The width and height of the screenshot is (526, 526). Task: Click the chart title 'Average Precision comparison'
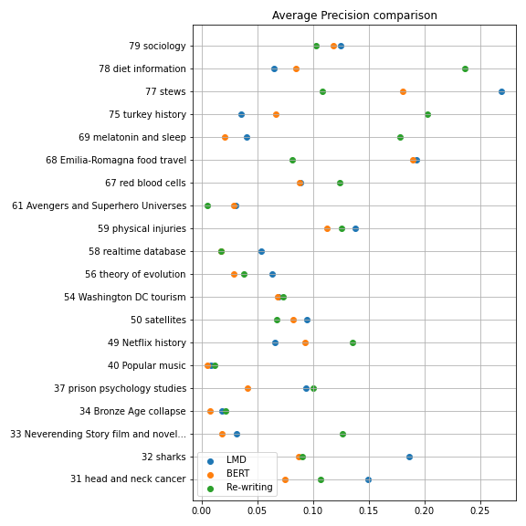coord(354,16)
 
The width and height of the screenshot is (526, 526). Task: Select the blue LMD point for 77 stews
coord(501,91)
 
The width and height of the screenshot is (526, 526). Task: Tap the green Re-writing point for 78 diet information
coord(465,68)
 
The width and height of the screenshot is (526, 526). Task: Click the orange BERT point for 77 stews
coord(403,91)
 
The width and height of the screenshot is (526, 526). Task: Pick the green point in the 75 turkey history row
coord(427,114)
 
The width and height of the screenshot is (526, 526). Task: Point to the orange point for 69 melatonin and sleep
coord(225,137)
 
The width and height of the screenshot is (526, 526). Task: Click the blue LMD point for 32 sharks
coord(409,457)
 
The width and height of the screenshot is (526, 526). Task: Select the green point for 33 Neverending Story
coord(342,434)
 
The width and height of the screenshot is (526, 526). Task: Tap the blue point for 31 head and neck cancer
coord(368,479)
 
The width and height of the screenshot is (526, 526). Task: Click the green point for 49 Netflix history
coord(352,342)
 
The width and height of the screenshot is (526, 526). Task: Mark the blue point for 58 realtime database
coord(261,251)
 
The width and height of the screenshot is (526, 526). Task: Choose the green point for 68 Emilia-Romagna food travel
coord(292,160)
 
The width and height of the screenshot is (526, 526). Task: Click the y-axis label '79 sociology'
coord(157,46)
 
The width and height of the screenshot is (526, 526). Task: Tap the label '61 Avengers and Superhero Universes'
coord(99,205)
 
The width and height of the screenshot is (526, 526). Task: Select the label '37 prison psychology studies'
coord(121,388)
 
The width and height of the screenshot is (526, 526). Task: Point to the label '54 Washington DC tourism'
coord(125,297)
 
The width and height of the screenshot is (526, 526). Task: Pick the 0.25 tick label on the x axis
coord(480,510)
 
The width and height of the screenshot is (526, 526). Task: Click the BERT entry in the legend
coord(228,473)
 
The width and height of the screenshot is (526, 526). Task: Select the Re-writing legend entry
coord(239,487)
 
